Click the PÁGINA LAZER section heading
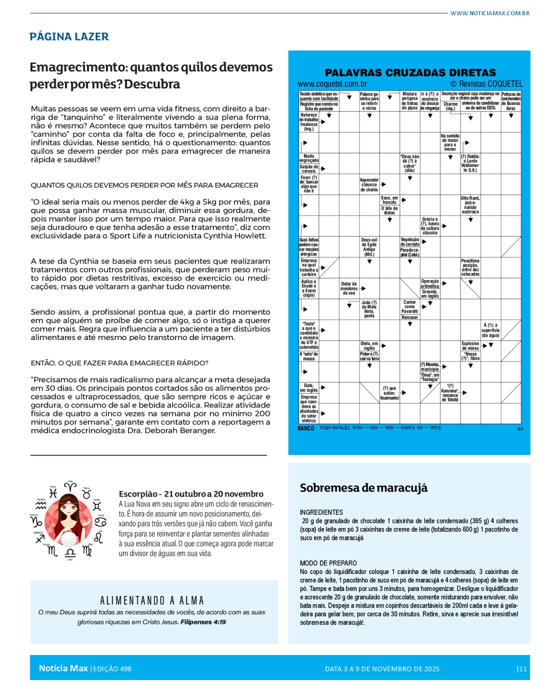point(69,36)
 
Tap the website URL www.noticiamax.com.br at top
point(489,13)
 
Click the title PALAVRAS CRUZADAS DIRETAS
point(410,72)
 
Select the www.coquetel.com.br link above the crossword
point(332,84)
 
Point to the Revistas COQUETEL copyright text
point(486,84)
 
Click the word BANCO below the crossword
point(306,428)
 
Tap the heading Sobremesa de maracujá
point(363,488)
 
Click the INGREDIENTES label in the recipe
point(321,512)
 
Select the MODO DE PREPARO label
point(328,563)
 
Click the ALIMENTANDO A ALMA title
point(152,600)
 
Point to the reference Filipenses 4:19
point(203,622)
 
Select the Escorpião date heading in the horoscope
point(191,494)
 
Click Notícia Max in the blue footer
point(63,668)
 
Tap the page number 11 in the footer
point(522,669)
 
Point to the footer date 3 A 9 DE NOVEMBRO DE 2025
point(382,669)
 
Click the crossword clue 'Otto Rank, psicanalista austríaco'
point(470,205)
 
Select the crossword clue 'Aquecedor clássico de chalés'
point(369,184)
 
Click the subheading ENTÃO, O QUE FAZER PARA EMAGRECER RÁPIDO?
point(119,363)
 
